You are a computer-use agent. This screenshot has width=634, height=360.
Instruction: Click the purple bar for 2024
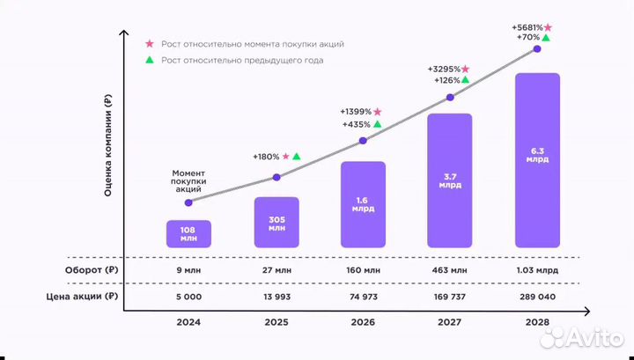click(188, 233)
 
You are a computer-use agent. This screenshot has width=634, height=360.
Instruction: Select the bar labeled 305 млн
click(276, 222)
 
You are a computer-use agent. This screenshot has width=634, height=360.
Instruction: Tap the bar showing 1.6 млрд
click(363, 204)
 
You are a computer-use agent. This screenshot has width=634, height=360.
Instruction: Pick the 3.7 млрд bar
click(450, 180)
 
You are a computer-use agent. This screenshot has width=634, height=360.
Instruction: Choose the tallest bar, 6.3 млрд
click(537, 160)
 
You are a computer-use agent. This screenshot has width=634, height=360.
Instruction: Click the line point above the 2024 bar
click(188, 202)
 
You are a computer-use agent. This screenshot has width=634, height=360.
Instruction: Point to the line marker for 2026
click(363, 139)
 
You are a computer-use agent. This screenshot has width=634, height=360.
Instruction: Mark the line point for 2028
click(537, 50)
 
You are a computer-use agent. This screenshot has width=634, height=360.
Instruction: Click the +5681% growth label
click(526, 27)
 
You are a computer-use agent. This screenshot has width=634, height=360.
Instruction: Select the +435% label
click(356, 125)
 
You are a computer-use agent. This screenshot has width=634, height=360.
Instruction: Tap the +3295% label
click(443, 69)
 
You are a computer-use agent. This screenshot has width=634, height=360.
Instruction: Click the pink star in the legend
click(149, 43)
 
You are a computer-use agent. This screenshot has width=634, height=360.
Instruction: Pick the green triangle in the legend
click(149, 60)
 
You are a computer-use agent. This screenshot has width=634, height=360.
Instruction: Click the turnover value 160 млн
click(363, 269)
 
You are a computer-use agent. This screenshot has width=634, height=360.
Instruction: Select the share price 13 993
click(276, 297)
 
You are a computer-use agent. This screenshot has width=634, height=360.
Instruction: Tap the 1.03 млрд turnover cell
click(537, 269)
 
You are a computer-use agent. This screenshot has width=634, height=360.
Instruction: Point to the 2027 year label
click(450, 324)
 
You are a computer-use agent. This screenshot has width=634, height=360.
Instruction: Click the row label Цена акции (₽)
click(82, 297)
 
